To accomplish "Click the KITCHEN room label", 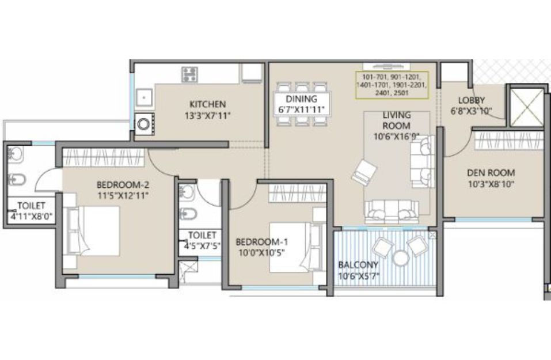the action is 208,104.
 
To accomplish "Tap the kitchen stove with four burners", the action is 189,74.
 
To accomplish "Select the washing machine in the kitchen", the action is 144,124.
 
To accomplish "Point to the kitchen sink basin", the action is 144,97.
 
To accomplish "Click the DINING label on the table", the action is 302,99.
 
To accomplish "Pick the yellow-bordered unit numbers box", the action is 392,85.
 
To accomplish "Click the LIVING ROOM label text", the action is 397,120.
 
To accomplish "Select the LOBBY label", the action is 472,100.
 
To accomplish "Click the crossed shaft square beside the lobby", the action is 526,107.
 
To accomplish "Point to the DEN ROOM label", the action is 491,173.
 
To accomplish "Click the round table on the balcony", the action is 400,258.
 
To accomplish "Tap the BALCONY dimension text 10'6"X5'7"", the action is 359,276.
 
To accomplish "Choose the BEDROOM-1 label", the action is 262,242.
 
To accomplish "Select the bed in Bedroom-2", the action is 92,230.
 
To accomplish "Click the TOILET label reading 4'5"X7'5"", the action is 202,245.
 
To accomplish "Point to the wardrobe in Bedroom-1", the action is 297,193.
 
